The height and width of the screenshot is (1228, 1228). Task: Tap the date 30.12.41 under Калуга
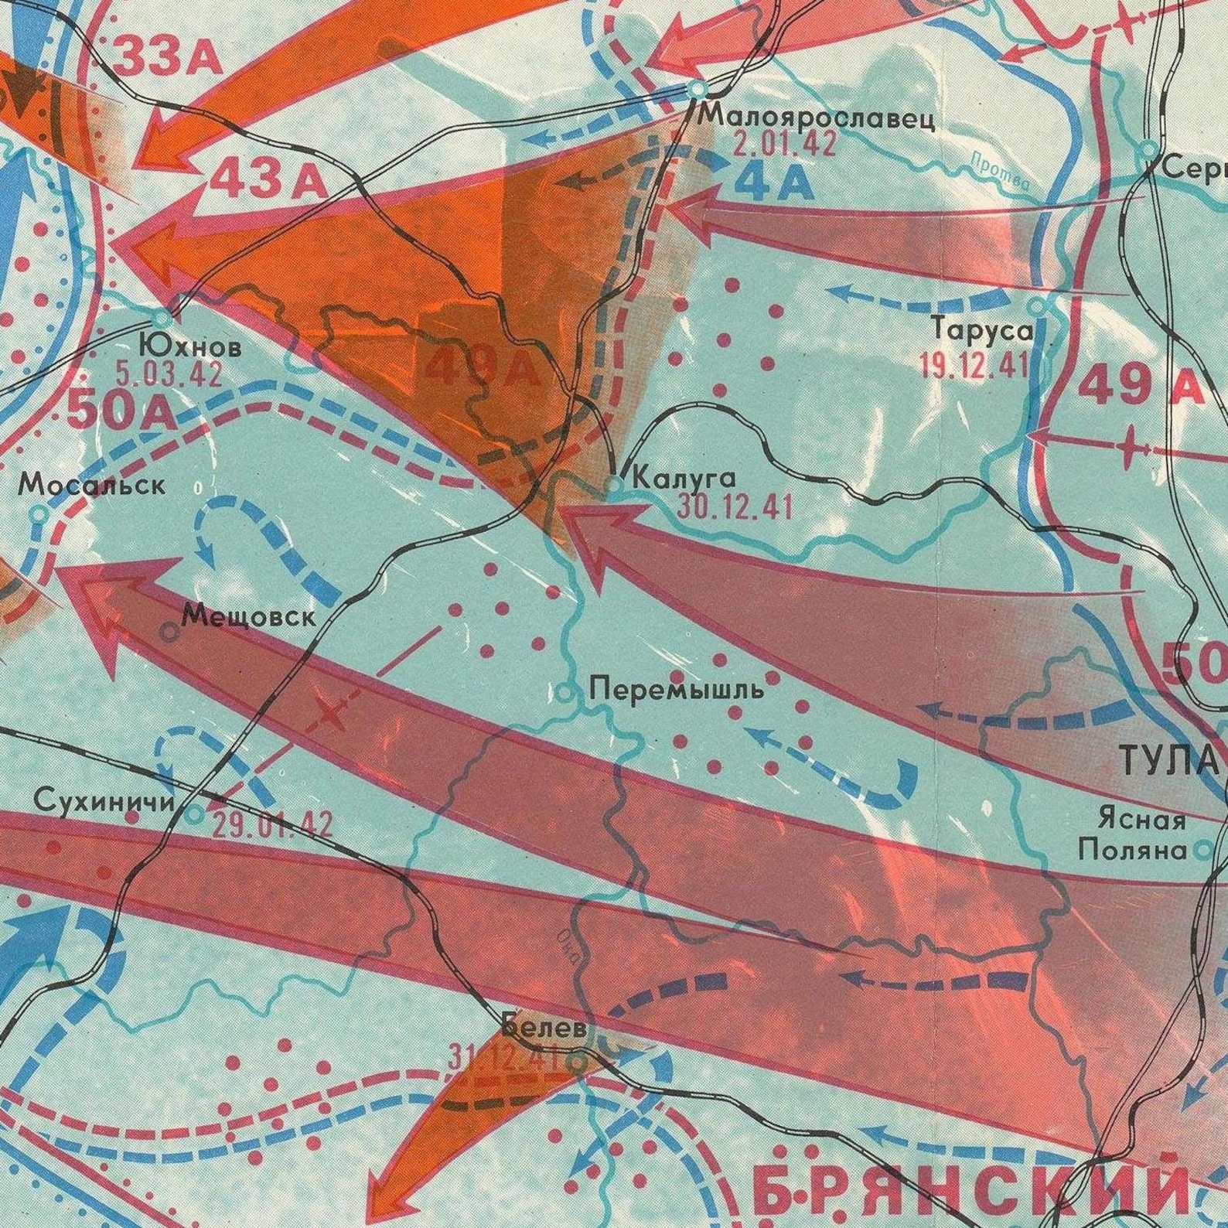pyautogui.click(x=735, y=508)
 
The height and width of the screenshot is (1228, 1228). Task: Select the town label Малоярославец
pyautogui.click(x=817, y=118)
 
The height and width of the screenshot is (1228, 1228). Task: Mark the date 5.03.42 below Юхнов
pyautogui.click(x=169, y=374)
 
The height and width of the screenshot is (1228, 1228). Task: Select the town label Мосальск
pyautogui.click(x=92, y=485)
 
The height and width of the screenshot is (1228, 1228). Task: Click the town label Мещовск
pyautogui.click(x=249, y=617)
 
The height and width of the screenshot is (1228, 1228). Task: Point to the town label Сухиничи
pyautogui.click(x=105, y=801)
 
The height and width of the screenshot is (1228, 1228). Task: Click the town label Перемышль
pyautogui.click(x=676, y=688)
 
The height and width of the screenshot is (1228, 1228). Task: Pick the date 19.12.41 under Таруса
pyautogui.click(x=974, y=363)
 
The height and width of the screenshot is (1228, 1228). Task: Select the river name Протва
pyautogui.click(x=1001, y=172)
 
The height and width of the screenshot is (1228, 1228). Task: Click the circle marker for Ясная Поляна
pyautogui.click(x=1202, y=851)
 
